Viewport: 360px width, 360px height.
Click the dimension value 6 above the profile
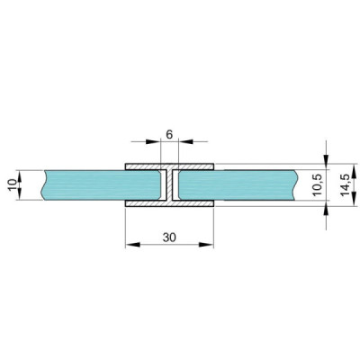click(x=169, y=133)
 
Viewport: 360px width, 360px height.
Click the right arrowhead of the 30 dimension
click(x=209, y=243)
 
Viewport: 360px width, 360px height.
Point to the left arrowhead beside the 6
click(x=155, y=141)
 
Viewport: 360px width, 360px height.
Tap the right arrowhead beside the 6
click(x=184, y=141)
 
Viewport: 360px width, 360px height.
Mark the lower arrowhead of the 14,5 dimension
click(x=328, y=211)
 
